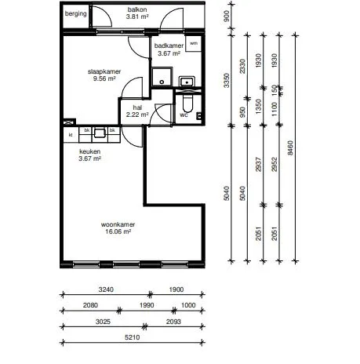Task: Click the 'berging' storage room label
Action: [75, 13]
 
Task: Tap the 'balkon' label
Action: [137, 9]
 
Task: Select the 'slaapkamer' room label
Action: [104, 71]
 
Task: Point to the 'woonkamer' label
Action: [118, 224]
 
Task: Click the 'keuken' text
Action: [89, 151]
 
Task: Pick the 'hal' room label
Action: [137, 107]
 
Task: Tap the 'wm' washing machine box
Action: [194, 44]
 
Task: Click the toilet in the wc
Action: [187, 102]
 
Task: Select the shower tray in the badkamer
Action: [162, 77]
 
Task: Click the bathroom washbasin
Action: [187, 82]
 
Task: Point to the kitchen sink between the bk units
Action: [100, 133]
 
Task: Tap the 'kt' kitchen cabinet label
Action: [71, 135]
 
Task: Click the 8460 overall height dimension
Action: [290, 148]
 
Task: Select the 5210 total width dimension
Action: [133, 337]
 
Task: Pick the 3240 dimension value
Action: [106, 289]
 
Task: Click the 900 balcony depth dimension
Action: [227, 16]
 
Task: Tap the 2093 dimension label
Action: [173, 322]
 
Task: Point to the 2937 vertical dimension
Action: [259, 165]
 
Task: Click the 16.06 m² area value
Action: [118, 231]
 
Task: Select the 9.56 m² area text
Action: [104, 78]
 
